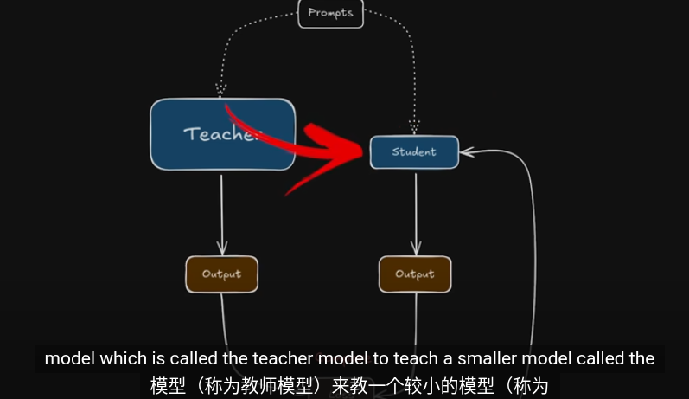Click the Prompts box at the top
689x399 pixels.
coord(330,13)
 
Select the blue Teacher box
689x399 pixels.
coord(222,134)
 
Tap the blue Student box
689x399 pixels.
coord(414,152)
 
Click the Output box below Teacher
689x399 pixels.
coord(221,274)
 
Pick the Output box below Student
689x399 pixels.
coord(415,274)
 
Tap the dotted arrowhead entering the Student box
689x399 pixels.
coord(415,131)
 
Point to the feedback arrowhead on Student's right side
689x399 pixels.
coord(468,152)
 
